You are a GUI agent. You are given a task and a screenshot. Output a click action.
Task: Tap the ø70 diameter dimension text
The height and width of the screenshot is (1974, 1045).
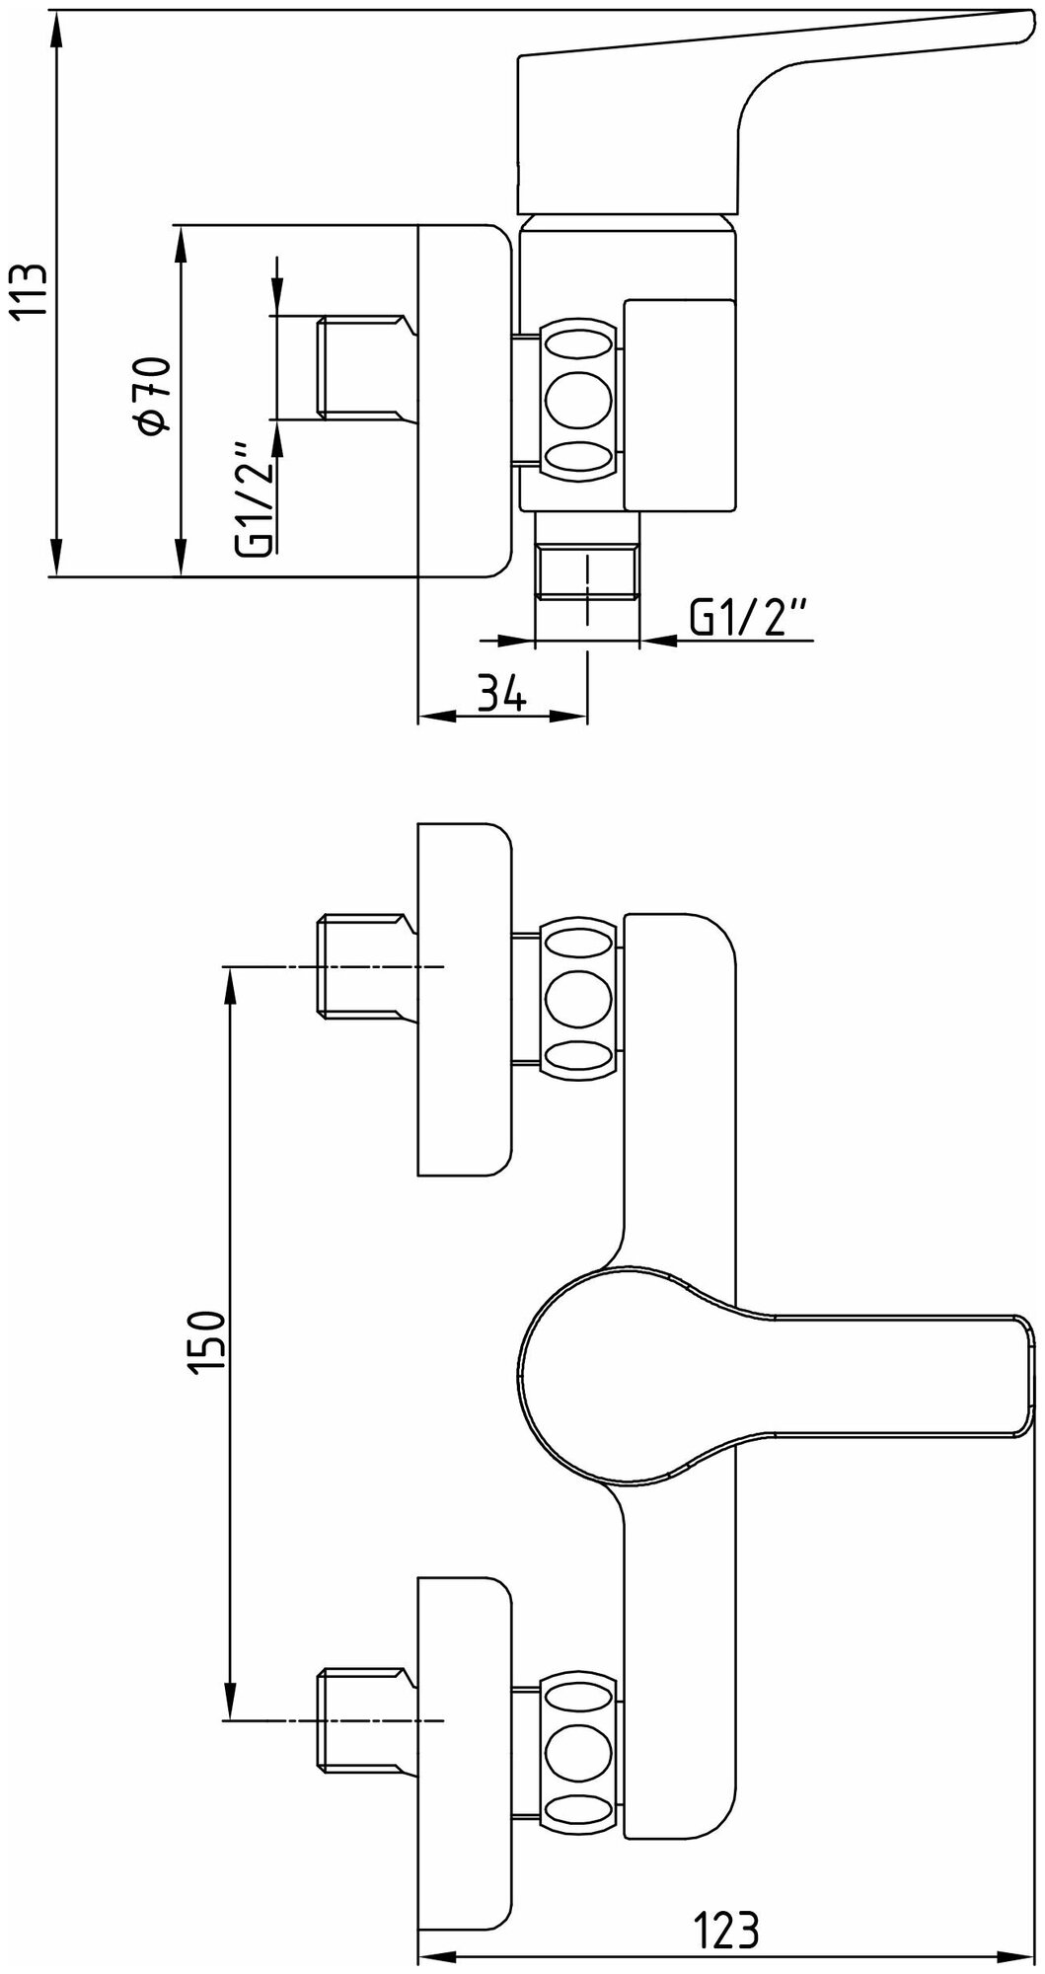[156, 395]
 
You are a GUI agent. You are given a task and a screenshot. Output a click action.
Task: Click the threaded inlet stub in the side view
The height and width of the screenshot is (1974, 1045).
[360, 368]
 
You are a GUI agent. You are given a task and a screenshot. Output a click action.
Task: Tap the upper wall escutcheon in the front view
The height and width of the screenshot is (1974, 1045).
[465, 999]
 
